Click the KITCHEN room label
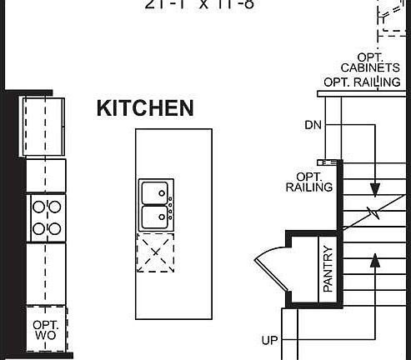145,108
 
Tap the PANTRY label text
328,267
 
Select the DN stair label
313,126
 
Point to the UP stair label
269,341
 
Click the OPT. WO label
44,330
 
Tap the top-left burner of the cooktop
38,206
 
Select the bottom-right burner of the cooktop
55,227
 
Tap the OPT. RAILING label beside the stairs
308,182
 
